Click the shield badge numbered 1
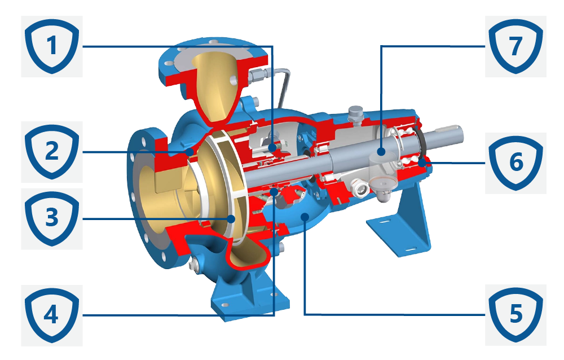pyautogui.click(x=52, y=46)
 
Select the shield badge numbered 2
pyautogui.click(x=52, y=152)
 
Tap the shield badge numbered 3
pyautogui.click(x=52, y=218)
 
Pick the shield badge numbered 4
pyautogui.click(x=52, y=315)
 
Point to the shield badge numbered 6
pyautogui.click(x=516, y=163)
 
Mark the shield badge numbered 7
pyautogui.click(x=516, y=46)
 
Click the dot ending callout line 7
pyautogui.click(x=382, y=152)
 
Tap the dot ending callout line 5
pyautogui.click(x=305, y=216)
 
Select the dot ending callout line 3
pyautogui.click(x=231, y=218)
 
